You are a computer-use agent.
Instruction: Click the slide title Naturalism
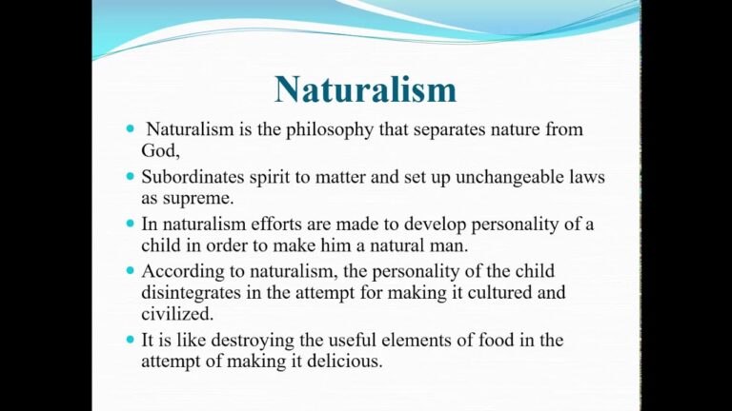[365, 88]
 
